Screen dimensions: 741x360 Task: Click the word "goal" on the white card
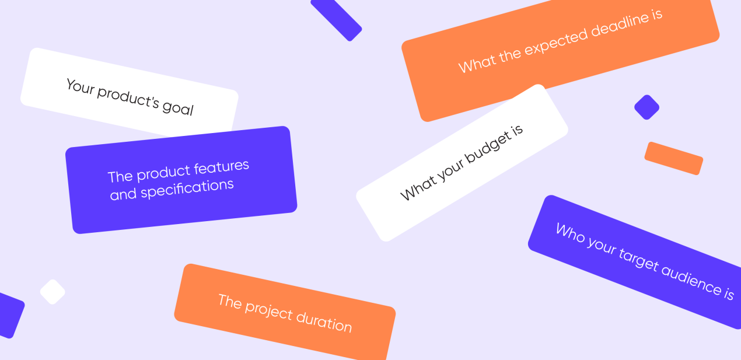(177, 108)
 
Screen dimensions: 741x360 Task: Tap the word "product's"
(128, 98)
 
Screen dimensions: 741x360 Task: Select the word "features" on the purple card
(221, 167)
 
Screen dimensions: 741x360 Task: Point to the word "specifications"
(187, 189)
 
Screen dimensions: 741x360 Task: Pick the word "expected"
(556, 43)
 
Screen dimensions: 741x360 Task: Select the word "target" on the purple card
(639, 260)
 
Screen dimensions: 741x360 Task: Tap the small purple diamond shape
(646, 107)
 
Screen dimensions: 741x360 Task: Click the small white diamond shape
(53, 292)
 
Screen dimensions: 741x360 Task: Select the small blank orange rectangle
(674, 159)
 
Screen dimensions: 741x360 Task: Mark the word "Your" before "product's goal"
(81, 87)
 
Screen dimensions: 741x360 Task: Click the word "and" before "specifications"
(123, 194)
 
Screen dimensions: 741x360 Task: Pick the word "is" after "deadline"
(658, 15)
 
